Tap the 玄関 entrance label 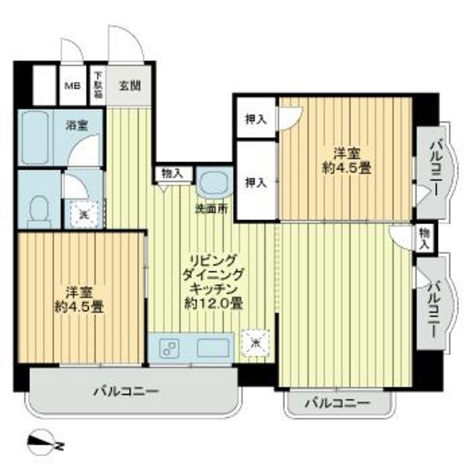pyautogui.click(x=131, y=86)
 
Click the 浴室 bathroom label pyautogui.click(x=76, y=124)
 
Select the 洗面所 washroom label pyautogui.click(x=212, y=209)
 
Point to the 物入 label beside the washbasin pyautogui.click(x=172, y=172)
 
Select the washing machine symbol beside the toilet pyautogui.click(x=83, y=212)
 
